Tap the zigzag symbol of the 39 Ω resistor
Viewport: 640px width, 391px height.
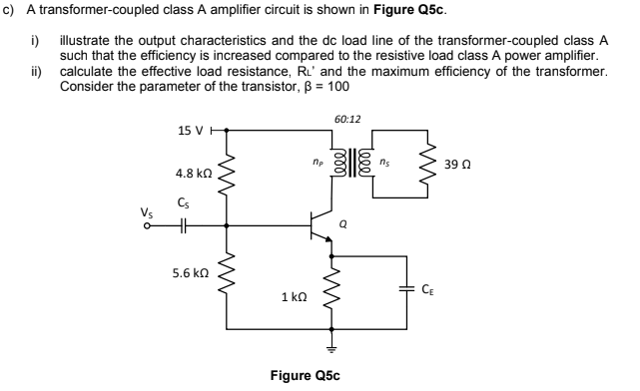pos(430,166)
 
